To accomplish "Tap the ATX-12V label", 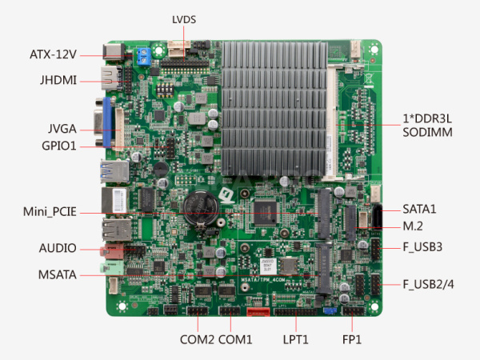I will click(x=53, y=54).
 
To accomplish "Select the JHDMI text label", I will click(x=58, y=80).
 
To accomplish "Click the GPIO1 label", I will click(x=58, y=146).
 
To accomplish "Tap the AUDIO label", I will click(x=58, y=248).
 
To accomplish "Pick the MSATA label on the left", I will click(x=58, y=275).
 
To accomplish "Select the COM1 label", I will click(x=235, y=339).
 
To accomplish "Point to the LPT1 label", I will click(x=295, y=339).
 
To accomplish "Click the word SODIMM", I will click(x=427, y=132).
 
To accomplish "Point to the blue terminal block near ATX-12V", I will click(x=144, y=55).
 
